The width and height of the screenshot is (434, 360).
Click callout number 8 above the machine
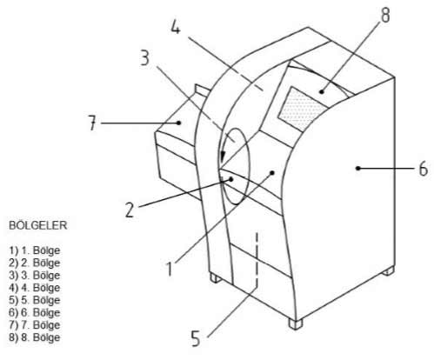[x=385, y=14]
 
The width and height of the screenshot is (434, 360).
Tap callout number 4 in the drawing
[x=176, y=26]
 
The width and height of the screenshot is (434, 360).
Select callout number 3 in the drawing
[x=145, y=57]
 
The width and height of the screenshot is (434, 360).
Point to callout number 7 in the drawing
[x=92, y=123]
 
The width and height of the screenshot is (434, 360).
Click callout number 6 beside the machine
[x=424, y=169]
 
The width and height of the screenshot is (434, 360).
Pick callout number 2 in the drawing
[x=130, y=210]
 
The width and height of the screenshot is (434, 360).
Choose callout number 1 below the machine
[x=170, y=268]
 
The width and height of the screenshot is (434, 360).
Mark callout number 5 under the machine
[x=196, y=338]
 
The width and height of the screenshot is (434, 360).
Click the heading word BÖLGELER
[x=38, y=225]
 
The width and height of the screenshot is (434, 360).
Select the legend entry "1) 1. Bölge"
[x=35, y=250]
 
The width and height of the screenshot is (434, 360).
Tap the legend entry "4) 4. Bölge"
[x=35, y=288]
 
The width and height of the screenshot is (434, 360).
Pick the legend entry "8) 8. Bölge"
[x=35, y=337]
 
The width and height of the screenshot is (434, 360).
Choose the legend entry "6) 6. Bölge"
[x=35, y=313]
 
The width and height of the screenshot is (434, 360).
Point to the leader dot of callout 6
[x=358, y=168]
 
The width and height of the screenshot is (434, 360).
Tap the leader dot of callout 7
[x=179, y=123]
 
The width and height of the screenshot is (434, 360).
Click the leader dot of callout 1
[x=272, y=173]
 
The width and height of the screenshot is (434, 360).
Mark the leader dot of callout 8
[x=321, y=92]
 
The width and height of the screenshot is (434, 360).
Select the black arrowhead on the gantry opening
[x=222, y=157]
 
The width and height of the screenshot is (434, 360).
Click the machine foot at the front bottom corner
[x=296, y=323]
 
